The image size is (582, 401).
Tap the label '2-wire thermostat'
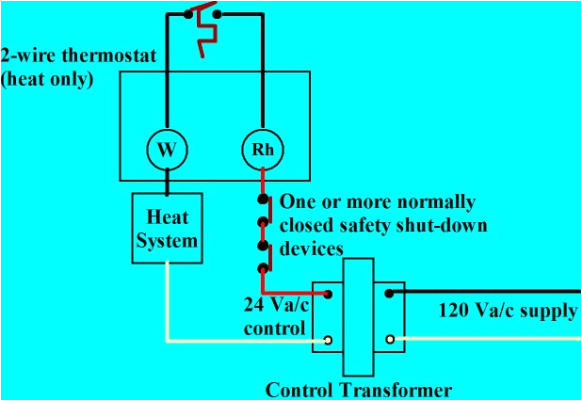pyautogui.click(x=60, y=56)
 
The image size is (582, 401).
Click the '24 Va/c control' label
pyautogui.click(x=274, y=316)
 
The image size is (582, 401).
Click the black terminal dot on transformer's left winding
pyautogui.click(x=328, y=294)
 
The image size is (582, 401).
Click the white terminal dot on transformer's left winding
pyautogui.click(x=328, y=340)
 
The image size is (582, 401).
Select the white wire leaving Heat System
pyautogui.click(x=169, y=301)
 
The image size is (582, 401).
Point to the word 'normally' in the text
pyautogui.click(x=437, y=203)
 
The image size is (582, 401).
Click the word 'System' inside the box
pyautogui.click(x=169, y=240)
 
